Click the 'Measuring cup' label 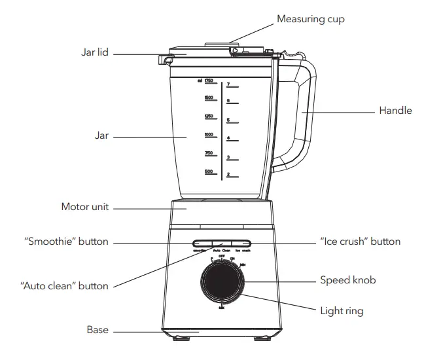point(310,19)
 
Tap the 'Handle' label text point(395,111)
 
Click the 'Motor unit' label point(84,207)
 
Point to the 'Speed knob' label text point(347,280)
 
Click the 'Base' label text point(97,329)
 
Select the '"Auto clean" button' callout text point(64,285)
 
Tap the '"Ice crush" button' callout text point(360,242)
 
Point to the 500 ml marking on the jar point(209,171)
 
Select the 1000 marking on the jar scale point(209,134)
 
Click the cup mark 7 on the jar point(228,84)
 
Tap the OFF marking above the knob point(222,257)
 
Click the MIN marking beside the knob point(243,265)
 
